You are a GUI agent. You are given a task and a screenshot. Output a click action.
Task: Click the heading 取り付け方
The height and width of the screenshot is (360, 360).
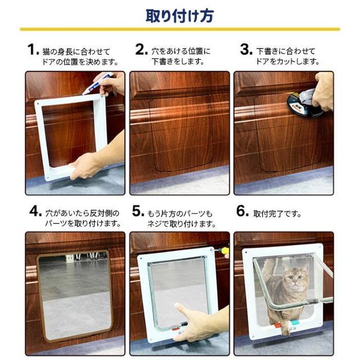tap(180, 16)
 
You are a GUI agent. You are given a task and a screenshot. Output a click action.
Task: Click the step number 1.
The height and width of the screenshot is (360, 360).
tap(33, 49)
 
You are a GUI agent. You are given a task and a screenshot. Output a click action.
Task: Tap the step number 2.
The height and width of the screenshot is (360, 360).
tap(141, 49)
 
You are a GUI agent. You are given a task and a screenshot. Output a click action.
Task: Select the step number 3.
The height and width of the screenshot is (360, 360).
tap(246, 49)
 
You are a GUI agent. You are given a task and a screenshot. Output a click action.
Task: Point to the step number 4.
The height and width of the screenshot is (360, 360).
tap(35, 211)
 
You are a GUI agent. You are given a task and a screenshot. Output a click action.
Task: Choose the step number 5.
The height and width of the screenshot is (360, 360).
tap(138, 211)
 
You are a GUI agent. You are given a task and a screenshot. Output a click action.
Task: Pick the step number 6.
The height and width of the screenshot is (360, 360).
tap(242, 211)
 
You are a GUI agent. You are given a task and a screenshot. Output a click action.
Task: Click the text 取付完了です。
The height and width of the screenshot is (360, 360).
tap(277, 214)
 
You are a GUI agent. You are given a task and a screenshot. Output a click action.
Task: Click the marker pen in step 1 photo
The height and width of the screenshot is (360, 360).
tap(97, 84)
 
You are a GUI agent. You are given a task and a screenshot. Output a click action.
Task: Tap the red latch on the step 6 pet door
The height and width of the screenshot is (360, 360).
tap(278, 326)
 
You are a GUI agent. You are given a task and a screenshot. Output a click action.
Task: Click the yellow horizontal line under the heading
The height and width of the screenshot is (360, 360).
tap(180, 29)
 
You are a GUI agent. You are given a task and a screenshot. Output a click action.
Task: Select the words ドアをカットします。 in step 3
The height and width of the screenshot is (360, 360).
tap(287, 61)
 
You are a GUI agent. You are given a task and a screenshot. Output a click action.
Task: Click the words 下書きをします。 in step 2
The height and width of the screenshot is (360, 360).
tap(178, 61)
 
